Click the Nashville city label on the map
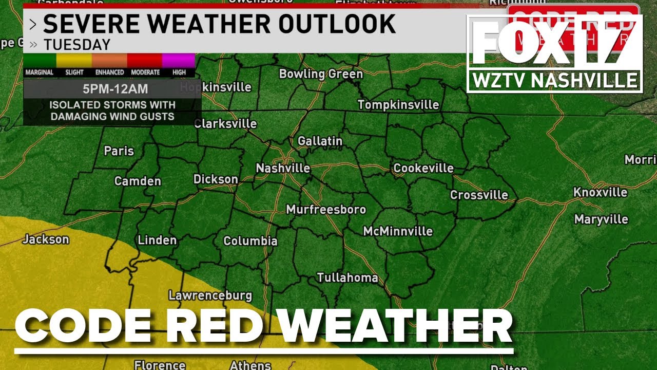click(283, 169)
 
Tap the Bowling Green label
click(321, 74)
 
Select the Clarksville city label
click(225, 124)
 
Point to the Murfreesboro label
click(326, 210)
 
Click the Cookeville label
click(423, 169)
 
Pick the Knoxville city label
click(600, 193)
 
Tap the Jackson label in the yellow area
click(46, 239)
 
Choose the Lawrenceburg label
click(210, 295)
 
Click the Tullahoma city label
click(347, 278)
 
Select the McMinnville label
click(398, 232)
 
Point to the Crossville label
click(479, 195)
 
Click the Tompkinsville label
click(398, 105)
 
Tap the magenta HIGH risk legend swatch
click(179, 61)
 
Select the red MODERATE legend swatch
click(145, 61)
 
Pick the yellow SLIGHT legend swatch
click(74, 61)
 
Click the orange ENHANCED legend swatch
click(109, 61)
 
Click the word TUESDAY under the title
click(77, 45)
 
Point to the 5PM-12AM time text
click(115, 89)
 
